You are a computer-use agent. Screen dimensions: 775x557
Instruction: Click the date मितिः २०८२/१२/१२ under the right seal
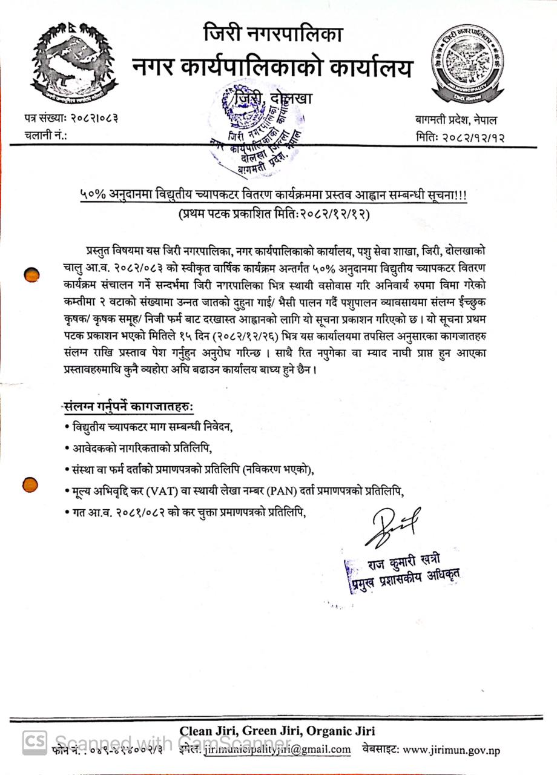(x=461, y=136)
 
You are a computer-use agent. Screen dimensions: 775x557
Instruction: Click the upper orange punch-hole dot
(x=31, y=275)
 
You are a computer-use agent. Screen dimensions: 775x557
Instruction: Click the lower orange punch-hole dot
(x=30, y=484)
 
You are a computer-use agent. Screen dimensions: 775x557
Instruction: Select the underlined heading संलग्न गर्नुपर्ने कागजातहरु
(x=129, y=407)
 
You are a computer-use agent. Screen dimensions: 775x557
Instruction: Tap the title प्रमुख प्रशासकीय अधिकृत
(x=404, y=580)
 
